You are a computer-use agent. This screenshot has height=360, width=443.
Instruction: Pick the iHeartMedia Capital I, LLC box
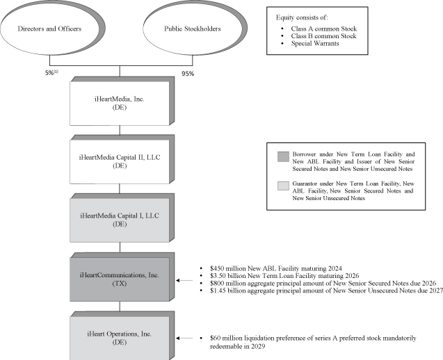tap(120, 219)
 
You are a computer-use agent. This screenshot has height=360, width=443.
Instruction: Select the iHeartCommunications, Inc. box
tap(120, 280)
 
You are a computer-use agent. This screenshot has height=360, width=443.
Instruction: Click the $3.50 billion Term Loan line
tap(268, 276)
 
